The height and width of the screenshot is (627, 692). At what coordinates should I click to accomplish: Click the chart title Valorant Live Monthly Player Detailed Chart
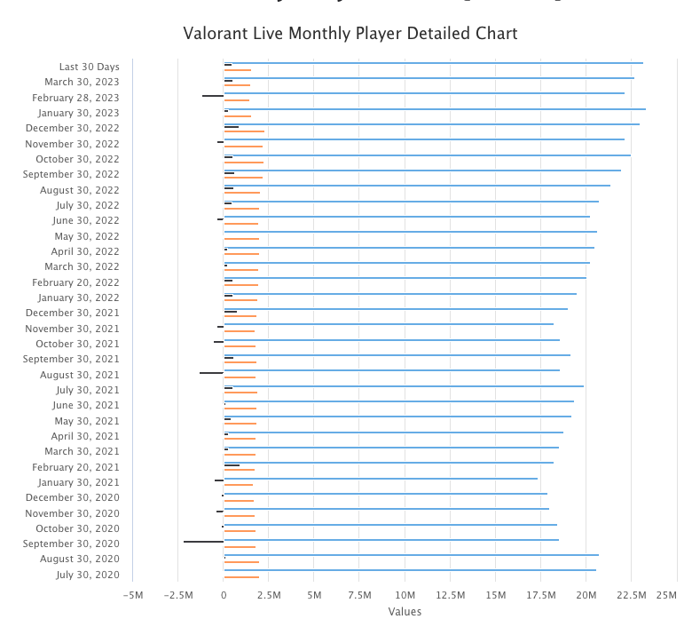pyautogui.click(x=350, y=34)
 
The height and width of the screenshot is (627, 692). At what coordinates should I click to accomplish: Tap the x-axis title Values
pyautogui.click(x=405, y=611)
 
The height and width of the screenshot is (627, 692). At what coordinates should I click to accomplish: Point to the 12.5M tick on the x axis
pyautogui.click(x=450, y=594)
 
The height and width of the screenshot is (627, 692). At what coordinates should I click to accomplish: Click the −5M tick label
pyautogui.click(x=132, y=594)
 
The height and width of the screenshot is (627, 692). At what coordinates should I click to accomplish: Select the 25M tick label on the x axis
pyautogui.click(x=665, y=594)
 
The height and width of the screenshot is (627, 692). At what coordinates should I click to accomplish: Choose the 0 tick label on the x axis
pyautogui.click(x=224, y=594)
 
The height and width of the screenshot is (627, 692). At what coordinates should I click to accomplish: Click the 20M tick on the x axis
pyautogui.click(x=586, y=594)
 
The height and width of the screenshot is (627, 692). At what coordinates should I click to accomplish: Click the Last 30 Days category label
pyautogui.click(x=89, y=67)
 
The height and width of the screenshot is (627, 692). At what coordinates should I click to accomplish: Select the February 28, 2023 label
pyautogui.click(x=75, y=98)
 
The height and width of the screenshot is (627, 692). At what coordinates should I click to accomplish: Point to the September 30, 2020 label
pyautogui.click(x=71, y=544)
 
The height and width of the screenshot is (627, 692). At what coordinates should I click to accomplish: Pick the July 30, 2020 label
pyautogui.click(x=87, y=575)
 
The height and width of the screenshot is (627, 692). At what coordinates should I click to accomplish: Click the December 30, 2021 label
pyautogui.click(x=72, y=313)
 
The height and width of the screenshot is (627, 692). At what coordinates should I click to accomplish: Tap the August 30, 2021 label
pyautogui.click(x=80, y=375)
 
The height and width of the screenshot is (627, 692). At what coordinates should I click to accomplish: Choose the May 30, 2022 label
pyautogui.click(x=87, y=236)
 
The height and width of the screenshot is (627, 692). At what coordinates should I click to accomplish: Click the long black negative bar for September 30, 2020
pyautogui.click(x=203, y=541)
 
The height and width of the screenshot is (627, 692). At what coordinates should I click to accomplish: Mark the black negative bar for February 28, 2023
pyautogui.click(x=213, y=95)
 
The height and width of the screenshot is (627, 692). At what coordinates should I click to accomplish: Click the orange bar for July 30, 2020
pyautogui.click(x=241, y=577)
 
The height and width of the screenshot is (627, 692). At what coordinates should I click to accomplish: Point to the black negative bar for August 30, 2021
pyautogui.click(x=211, y=373)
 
